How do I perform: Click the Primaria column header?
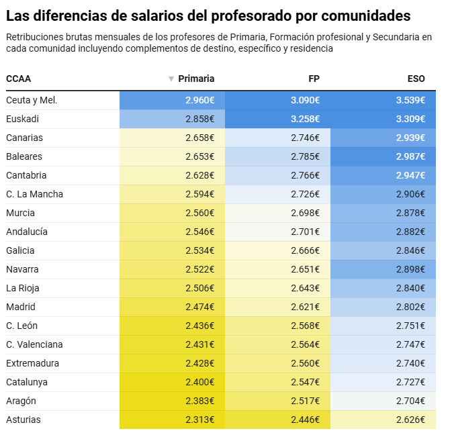pyautogui.click(x=196, y=79)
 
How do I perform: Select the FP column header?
pyautogui.click(x=313, y=79)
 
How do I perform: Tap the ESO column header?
pyautogui.click(x=416, y=79)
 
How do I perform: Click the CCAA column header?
pyautogui.click(x=18, y=79)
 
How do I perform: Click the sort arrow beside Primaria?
pyautogui.click(x=171, y=79)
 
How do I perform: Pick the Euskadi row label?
pyautogui.click(x=22, y=119)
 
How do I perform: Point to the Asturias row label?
pyautogui.click(x=23, y=420)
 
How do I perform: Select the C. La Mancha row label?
pyautogui.click(x=34, y=194)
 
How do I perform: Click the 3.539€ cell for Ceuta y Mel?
pyautogui.click(x=410, y=100)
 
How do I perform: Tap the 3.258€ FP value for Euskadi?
pyautogui.click(x=305, y=119)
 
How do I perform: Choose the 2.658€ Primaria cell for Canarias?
pyautogui.click(x=199, y=138)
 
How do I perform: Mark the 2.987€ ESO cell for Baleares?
pyautogui.click(x=410, y=156)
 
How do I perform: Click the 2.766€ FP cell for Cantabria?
pyautogui.click(x=305, y=175)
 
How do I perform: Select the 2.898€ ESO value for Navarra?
pyautogui.click(x=410, y=269)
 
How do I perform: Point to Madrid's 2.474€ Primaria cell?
pyautogui.click(x=199, y=307)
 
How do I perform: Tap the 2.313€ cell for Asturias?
pyautogui.click(x=199, y=420)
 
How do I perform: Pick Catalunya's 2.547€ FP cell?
pyautogui.click(x=305, y=382)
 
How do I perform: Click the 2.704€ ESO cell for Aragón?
pyautogui.click(x=410, y=401)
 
